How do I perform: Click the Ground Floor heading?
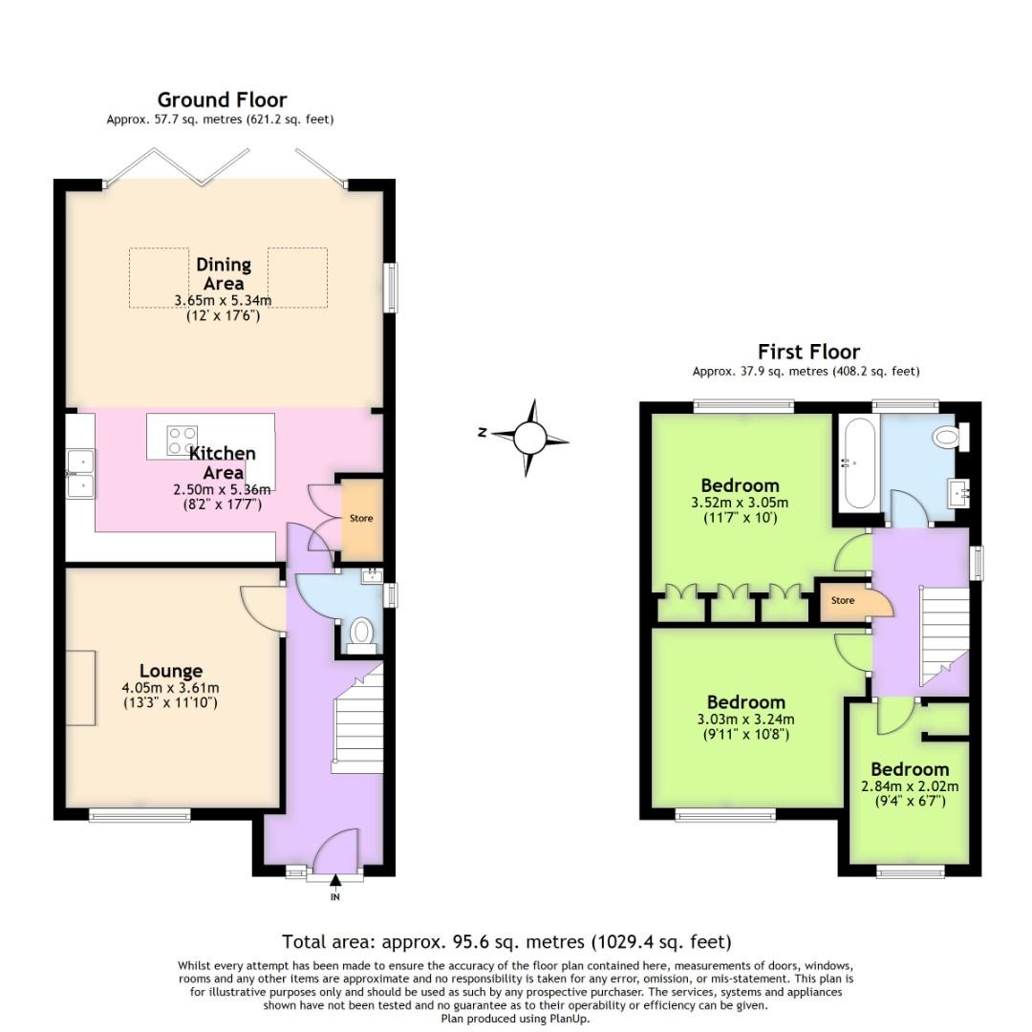coord(222,100)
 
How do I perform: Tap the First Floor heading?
coord(808,352)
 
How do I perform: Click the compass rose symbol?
coord(529,438)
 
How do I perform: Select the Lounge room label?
coord(170,671)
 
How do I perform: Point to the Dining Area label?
coord(224,273)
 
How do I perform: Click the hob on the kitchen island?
coord(182,441)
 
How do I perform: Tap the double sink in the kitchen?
coord(80,474)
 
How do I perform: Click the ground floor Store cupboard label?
coord(361,519)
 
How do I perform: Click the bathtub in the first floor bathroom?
coord(855,463)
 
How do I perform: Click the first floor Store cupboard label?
coord(842,601)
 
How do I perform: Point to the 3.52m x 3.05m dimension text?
coord(740,503)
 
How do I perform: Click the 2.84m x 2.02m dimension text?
coord(910,786)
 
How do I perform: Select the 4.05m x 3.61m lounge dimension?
coord(170,688)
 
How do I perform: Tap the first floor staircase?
coord(944,635)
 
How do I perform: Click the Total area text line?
coord(506,942)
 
